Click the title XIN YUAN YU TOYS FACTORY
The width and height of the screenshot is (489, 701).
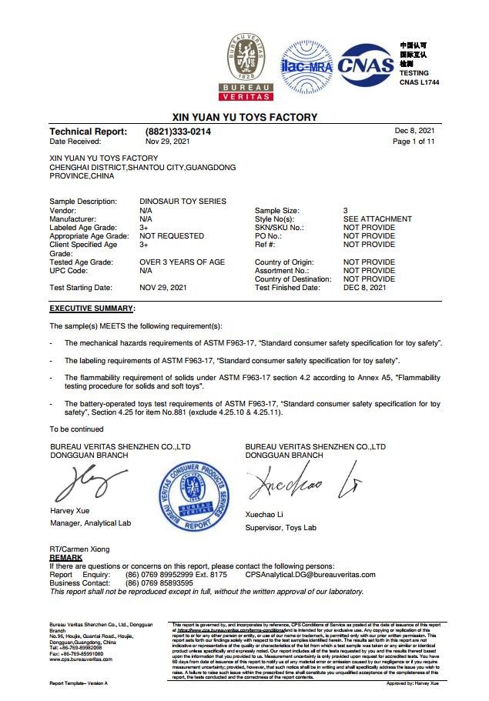point(244,118)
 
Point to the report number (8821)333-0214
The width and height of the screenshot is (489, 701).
point(178,132)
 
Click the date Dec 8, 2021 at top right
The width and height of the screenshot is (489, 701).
point(414,131)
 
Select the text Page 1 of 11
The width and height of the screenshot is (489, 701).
point(414,142)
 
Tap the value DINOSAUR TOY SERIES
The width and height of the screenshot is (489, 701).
point(183,201)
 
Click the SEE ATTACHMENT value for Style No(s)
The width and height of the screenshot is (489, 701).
point(377,219)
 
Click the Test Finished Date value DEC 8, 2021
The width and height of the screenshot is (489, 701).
point(365,288)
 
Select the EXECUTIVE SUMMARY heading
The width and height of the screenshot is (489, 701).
point(92,308)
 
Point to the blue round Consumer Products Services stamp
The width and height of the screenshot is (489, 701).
point(194,495)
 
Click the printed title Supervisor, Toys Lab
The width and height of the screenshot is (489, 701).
point(280,528)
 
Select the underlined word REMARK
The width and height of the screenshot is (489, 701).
point(66,556)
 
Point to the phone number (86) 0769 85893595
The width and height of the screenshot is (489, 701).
point(159,582)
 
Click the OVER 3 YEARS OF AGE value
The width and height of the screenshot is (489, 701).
point(183,262)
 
